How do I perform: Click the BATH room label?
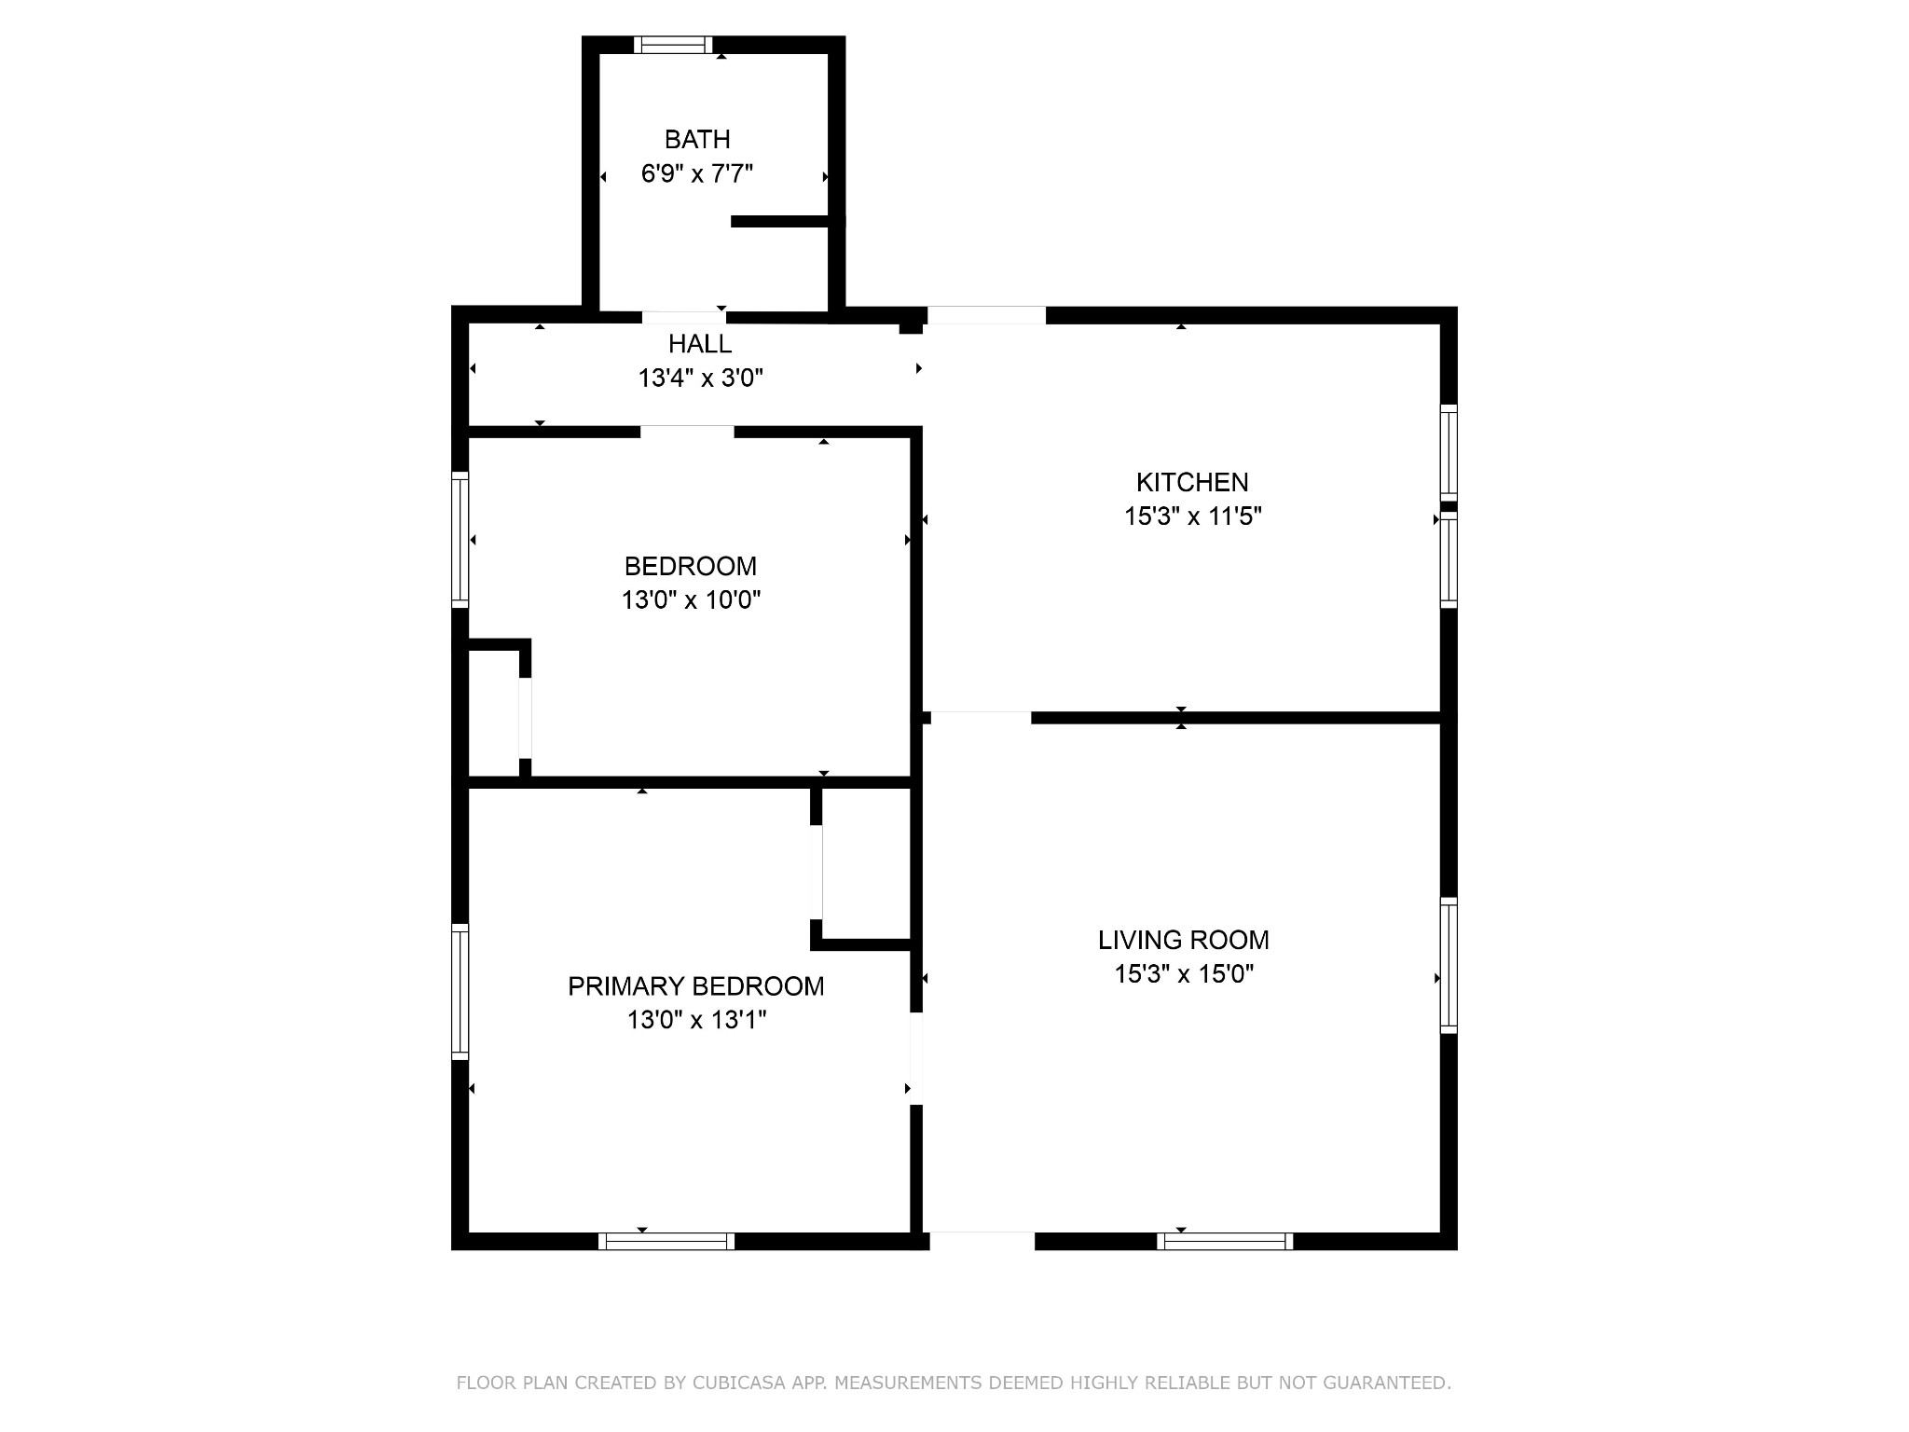[696, 140]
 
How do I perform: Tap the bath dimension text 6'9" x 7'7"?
[696, 173]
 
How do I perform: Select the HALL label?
[700, 344]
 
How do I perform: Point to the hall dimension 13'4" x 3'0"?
[700, 379]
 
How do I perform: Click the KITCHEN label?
[1192, 482]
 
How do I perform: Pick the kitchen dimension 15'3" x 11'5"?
[1192, 516]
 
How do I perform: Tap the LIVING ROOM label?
[1183, 940]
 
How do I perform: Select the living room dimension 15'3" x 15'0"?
[1183, 974]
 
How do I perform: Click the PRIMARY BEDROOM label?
[695, 986]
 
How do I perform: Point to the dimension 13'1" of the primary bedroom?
[738, 1020]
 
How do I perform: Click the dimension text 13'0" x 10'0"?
[691, 599]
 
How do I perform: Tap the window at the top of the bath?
[673, 45]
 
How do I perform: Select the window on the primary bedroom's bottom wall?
[666, 1241]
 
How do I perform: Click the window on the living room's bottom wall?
[1225, 1241]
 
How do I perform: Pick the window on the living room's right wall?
[1449, 965]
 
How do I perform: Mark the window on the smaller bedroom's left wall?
[460, 540]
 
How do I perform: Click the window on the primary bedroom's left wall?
[460, 991]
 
